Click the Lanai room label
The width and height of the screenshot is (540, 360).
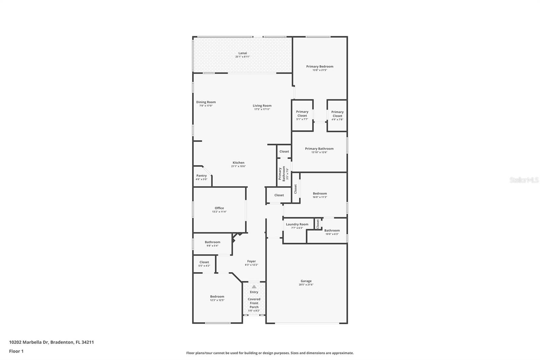[242, 53]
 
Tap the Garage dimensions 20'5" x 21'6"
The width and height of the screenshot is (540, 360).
[306, 285]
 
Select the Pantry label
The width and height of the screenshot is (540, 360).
[201, 176]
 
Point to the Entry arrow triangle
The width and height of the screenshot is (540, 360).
[254, 287]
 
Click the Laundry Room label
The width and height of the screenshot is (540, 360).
[297, 224]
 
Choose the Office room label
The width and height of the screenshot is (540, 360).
[219, 208]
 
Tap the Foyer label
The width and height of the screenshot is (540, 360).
[251, 261]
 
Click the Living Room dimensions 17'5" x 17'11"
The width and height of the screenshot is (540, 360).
[262, 109]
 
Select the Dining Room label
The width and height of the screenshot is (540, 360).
[206, 102]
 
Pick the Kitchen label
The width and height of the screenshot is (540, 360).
[238, 162]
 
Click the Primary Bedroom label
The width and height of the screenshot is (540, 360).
[320, 67]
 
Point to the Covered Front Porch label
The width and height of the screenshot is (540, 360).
[254, 303]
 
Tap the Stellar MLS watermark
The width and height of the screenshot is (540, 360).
[524, 180]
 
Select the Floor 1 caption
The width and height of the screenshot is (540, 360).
[16, 351]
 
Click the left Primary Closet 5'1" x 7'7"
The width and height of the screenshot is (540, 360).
[302, 115]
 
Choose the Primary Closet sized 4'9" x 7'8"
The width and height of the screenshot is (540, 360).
[337, 115]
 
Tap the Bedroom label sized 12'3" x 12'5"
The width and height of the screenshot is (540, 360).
[217, 297]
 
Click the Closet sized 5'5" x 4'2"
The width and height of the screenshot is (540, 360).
[204, 262]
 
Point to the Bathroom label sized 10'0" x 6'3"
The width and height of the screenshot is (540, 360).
[332, 230]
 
